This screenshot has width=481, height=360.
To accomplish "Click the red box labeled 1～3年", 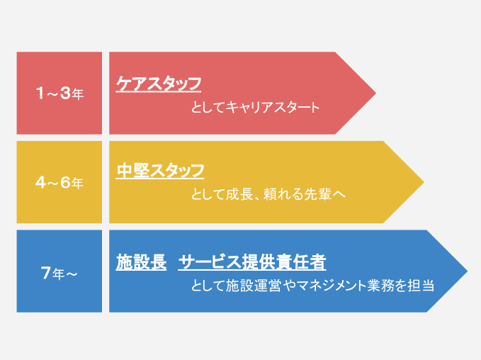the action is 60,93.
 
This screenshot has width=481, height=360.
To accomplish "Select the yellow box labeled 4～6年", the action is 60,182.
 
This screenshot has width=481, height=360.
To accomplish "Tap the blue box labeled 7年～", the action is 60,271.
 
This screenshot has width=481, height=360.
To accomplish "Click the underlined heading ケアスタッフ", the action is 159,84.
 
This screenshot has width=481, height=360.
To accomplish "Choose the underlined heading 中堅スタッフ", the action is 160,171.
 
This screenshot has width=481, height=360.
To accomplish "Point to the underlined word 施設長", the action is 141,262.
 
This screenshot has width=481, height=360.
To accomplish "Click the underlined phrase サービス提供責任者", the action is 252,262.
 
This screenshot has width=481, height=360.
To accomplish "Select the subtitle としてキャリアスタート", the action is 255,108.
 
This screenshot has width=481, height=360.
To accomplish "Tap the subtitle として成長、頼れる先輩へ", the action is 268,194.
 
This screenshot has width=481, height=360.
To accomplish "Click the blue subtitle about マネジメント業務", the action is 312,286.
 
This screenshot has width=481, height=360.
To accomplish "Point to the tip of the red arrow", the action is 375,93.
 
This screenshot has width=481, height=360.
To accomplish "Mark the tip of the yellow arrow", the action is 424,182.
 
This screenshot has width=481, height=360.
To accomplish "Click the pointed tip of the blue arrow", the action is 468,271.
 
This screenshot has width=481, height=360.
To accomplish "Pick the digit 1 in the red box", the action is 40,93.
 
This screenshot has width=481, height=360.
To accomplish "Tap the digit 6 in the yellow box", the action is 66,182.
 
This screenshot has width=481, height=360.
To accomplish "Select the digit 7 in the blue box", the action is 46,273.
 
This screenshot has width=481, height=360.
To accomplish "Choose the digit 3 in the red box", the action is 66,93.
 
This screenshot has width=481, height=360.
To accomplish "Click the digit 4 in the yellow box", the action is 40,182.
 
